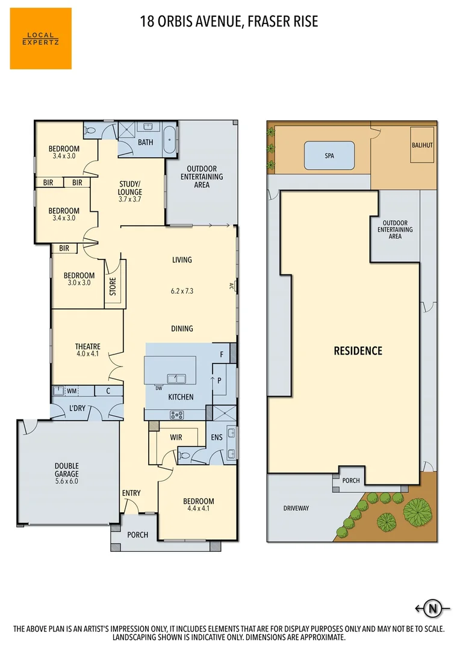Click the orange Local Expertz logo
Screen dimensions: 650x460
[40, 39]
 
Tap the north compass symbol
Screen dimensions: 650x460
[432, 608]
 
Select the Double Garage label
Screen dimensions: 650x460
[67, 474]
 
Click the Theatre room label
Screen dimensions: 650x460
[87, 350]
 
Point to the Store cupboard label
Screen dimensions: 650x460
[113, 285]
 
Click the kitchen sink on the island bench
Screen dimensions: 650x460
[176, 378]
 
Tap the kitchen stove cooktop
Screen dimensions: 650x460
[177, 414]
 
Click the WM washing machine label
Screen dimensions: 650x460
[72, 391]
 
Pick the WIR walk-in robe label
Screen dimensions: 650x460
[176, 438]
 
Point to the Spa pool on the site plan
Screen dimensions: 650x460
[329, 155]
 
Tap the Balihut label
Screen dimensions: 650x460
[422, 145]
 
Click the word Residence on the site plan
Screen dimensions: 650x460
[358, 351]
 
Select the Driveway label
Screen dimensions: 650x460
[296, 509]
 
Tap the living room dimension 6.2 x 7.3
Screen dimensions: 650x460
[181, 291]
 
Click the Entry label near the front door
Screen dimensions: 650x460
[131, 494]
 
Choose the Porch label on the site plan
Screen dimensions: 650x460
[350, 481]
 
